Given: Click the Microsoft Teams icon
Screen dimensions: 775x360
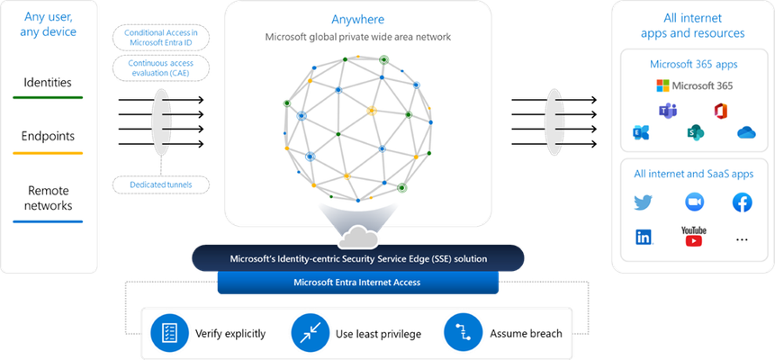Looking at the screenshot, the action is [668, 112].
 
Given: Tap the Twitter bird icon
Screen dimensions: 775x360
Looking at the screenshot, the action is [643, 202].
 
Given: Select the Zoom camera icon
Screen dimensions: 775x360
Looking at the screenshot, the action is [694, 202].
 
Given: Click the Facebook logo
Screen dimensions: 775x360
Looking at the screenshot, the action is [742, 202].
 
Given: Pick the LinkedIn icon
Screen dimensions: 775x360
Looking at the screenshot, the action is [644, 238].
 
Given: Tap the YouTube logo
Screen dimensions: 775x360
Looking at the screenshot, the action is [694, 237].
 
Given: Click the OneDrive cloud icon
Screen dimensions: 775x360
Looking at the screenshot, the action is [746, 132].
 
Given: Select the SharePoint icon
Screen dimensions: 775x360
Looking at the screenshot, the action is [695, 132].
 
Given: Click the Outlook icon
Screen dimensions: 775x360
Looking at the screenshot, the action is [641, 132].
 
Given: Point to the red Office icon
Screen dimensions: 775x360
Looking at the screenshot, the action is [722, 111].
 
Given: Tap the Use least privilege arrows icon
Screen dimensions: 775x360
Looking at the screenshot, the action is [311, 332].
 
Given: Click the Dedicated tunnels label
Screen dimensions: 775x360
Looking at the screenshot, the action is [161, 184].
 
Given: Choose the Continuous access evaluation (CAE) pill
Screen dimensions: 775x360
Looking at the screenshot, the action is [161, 68].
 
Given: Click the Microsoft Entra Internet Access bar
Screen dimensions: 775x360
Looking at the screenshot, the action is [358, 283].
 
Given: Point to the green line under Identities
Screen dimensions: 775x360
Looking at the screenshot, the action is [48, 97].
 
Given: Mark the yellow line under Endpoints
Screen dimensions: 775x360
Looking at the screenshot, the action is [48, 153].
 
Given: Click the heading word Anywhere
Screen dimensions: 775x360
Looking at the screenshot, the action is [358, 20].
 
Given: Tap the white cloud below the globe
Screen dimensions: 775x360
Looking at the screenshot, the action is [358, 238].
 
